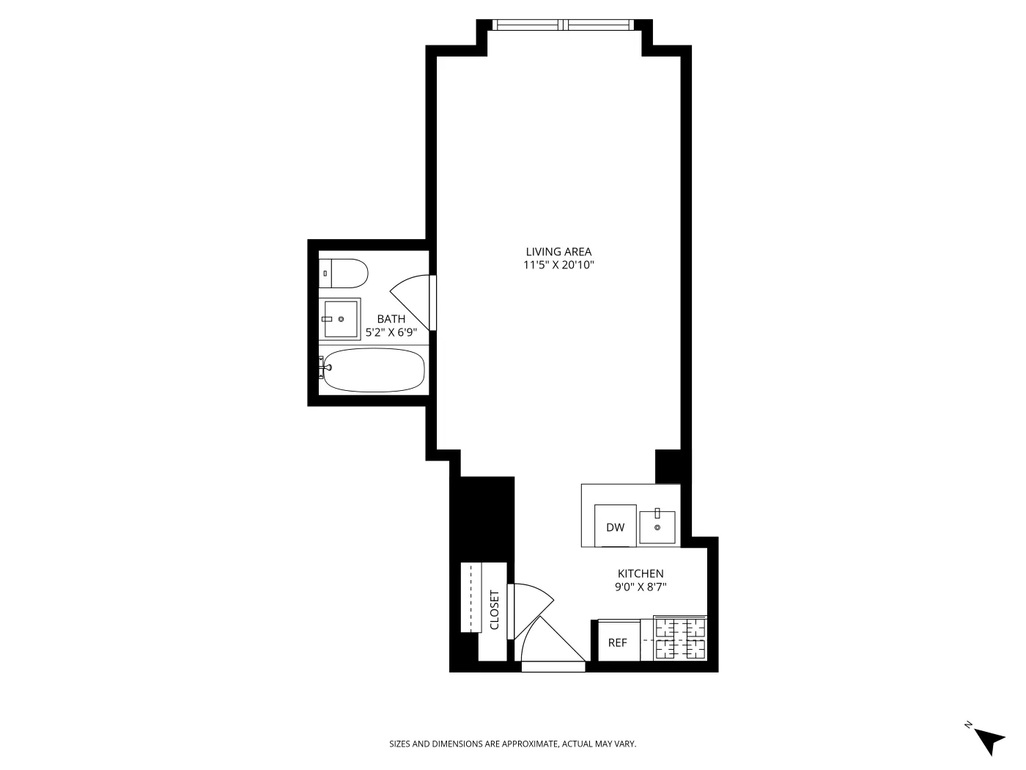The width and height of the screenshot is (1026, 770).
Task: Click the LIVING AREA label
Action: click(558, 252)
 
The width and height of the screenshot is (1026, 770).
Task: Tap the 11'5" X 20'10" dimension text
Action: click(558, 265)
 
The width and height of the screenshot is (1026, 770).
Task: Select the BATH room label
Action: click(391, 319)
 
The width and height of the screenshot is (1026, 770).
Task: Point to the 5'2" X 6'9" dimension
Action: click(391, 332)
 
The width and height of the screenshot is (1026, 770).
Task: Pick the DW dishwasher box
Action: click(615, 526)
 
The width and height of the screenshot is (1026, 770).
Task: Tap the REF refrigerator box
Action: click(618, 642)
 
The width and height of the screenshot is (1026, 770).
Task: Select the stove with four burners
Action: click(679, 638)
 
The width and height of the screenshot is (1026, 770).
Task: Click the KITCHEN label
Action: click(641, 573)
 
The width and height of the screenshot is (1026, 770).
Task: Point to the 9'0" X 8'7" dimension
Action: click(641, 587)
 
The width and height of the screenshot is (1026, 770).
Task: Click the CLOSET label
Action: click(494, 610)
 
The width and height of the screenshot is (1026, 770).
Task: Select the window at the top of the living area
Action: click(564, 25)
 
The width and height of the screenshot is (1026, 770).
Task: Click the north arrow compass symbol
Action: click(988, 738)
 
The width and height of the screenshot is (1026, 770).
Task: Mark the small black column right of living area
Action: click(668, 466)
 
